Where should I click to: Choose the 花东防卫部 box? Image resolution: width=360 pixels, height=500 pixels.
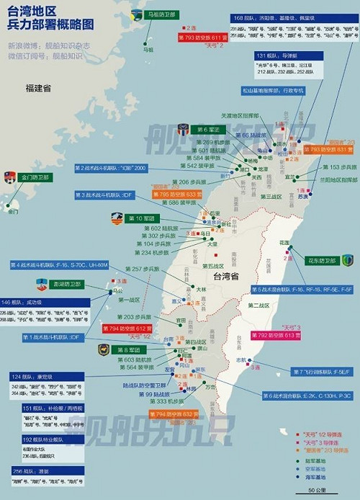323,260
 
